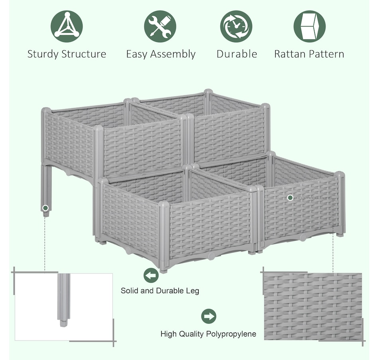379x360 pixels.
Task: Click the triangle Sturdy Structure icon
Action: point(67,26)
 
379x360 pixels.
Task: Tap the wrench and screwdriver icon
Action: point(160,26)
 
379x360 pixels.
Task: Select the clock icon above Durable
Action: point(236,26)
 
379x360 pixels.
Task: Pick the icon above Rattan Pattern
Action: point(310,26)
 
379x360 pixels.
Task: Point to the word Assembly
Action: point(173,54)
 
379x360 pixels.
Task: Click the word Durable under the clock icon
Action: point(237,54)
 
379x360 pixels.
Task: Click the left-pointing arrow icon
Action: point(151,275)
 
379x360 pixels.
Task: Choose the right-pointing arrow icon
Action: point(209,316)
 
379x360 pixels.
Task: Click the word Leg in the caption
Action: point(192,291)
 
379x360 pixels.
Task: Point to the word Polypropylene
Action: point(231,334)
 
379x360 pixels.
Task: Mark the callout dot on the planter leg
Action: point(45,208)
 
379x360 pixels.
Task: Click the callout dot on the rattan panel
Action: point(290,198)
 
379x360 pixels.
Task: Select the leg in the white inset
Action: point(63,300)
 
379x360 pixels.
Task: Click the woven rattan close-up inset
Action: point(313,307)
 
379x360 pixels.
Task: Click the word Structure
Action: point(84,54)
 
